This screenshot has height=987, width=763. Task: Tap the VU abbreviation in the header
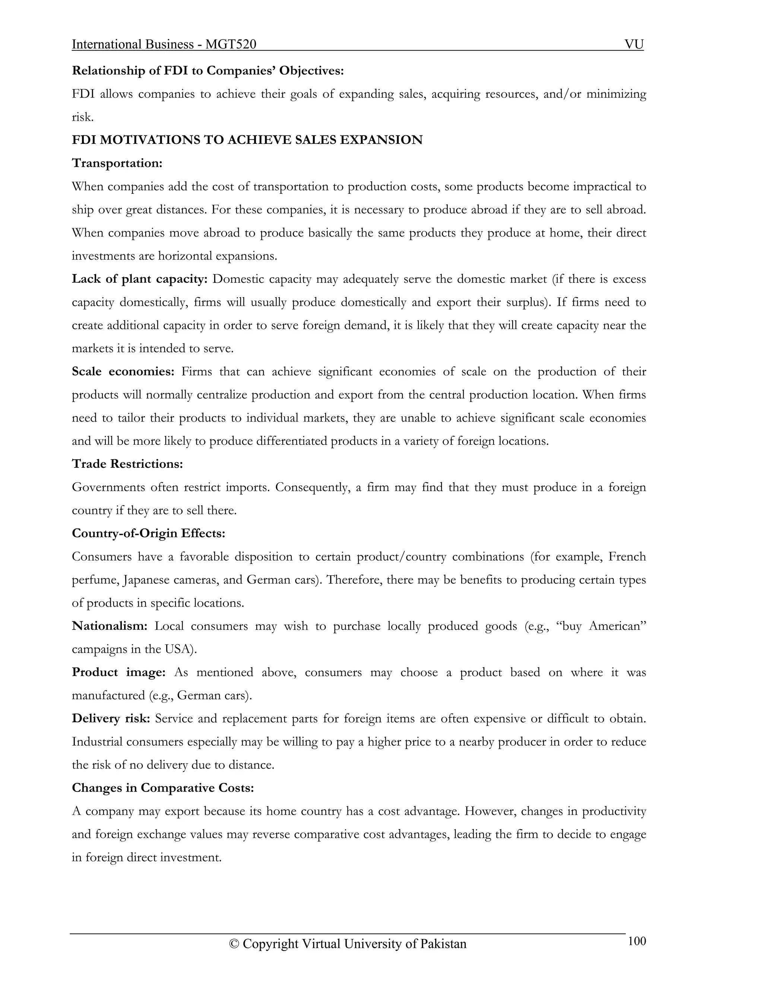point(634,44)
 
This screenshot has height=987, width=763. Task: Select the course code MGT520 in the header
point(231,44)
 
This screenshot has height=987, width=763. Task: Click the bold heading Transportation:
point(117,163)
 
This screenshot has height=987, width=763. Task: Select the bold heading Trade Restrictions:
point(127,464)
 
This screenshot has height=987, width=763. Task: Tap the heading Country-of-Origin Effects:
point(148,533)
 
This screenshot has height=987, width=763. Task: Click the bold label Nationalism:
point(110,626)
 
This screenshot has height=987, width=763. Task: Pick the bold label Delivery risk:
point(111,718)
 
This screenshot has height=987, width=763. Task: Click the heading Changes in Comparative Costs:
point(163,788)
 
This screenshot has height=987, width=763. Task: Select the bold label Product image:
point(119,672)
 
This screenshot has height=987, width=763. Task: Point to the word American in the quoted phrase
point(617,626)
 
